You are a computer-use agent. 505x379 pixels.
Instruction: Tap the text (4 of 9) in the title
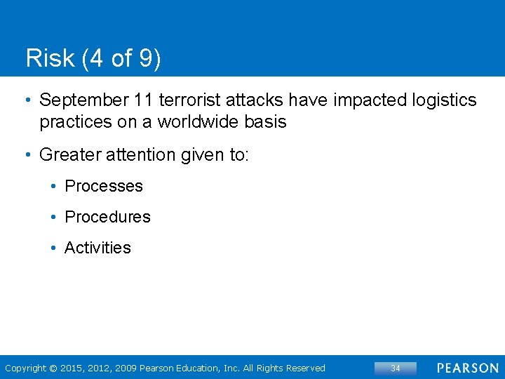(121, 58)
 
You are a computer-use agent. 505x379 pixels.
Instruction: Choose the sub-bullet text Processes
(104, 186)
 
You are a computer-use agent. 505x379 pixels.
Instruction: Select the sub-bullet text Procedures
(107, 217)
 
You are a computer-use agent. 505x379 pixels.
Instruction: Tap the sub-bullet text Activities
(97, 248)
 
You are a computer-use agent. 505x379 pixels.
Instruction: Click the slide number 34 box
(395, 368)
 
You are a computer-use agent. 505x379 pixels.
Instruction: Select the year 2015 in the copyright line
(72, 368)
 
